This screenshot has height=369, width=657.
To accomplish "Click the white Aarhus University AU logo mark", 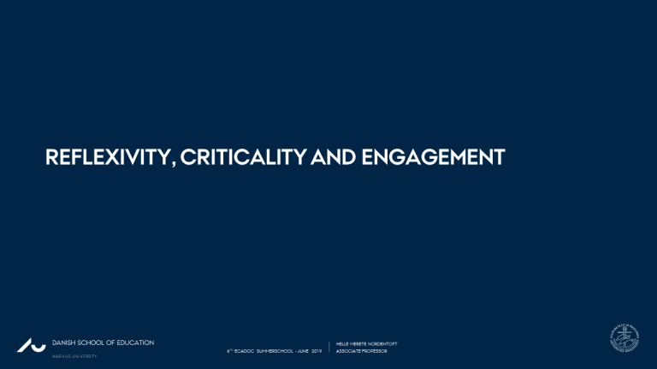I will [x=31, y=346].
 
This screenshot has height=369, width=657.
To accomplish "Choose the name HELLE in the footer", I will [x=346, y=343].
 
